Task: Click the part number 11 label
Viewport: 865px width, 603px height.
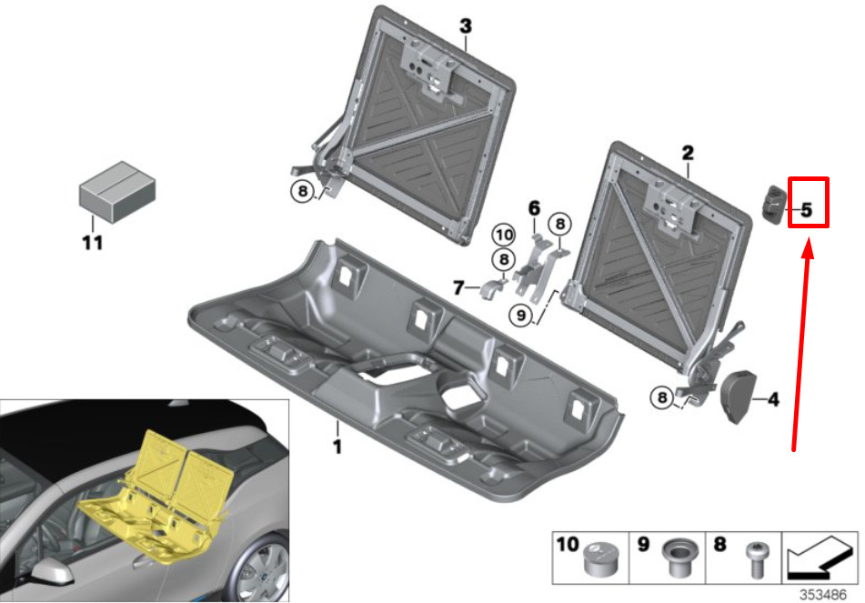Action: [92, 242]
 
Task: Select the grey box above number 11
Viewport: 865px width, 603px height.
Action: [117, 192]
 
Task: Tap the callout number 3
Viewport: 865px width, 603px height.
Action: [466, 26]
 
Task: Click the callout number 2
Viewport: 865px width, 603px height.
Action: [688, 153]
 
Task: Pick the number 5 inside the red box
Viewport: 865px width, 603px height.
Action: [807, 210]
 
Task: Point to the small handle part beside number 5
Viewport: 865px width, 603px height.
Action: [775, 204]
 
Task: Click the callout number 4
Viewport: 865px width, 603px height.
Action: [773, 399]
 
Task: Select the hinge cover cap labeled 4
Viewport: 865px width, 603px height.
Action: [739, 397]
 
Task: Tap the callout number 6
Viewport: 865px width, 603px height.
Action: [534, 208]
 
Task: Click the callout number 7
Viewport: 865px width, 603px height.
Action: [458, 287]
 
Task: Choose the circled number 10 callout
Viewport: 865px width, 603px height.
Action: [504, 235]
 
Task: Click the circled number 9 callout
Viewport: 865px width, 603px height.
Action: [521, 315]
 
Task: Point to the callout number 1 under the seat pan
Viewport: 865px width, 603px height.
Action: [337, 446]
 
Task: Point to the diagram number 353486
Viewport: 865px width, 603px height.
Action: [822, 595]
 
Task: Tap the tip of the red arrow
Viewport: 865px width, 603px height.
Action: [809, 239]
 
